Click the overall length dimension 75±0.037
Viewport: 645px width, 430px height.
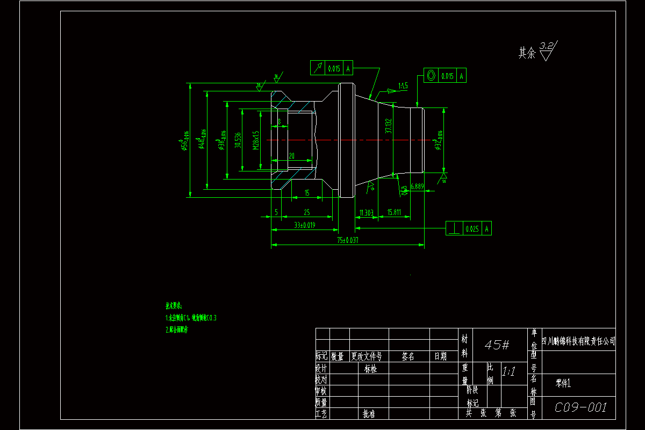pyautogui.click(x=347, y=240)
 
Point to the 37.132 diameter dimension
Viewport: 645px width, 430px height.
pyautogui.click(x=388, y=126)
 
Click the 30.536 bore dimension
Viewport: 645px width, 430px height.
pyautogui.click(x=238, y=140)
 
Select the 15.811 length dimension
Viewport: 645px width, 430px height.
pyautogui.click(x=394, y=213)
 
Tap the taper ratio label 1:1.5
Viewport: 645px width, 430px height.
pyautogui.click(x=403, y=85)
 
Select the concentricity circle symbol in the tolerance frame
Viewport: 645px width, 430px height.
pyautogui.click(x=432, y=76)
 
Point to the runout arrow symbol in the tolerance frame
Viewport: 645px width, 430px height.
pyautogui.click(x=318, y=68)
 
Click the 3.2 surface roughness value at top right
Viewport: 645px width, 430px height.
pyautogui.click(x=547, y=46)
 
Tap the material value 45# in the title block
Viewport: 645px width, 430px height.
pyautogui.click(x=497, y=345)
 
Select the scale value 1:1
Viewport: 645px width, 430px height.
pyautogui.click(x=508, y=371)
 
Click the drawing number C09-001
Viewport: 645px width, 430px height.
pyautogui.click(x=580, y=407)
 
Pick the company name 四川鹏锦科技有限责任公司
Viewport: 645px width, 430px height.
pyautogui.click(x=578, y=341)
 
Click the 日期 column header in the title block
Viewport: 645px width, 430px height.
pyautogui.click(x=440, y=356)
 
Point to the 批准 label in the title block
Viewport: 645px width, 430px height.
pyautogui.click(x=369, y=414)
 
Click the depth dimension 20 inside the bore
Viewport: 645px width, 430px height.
pyautogui.click(x=291, y=156)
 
